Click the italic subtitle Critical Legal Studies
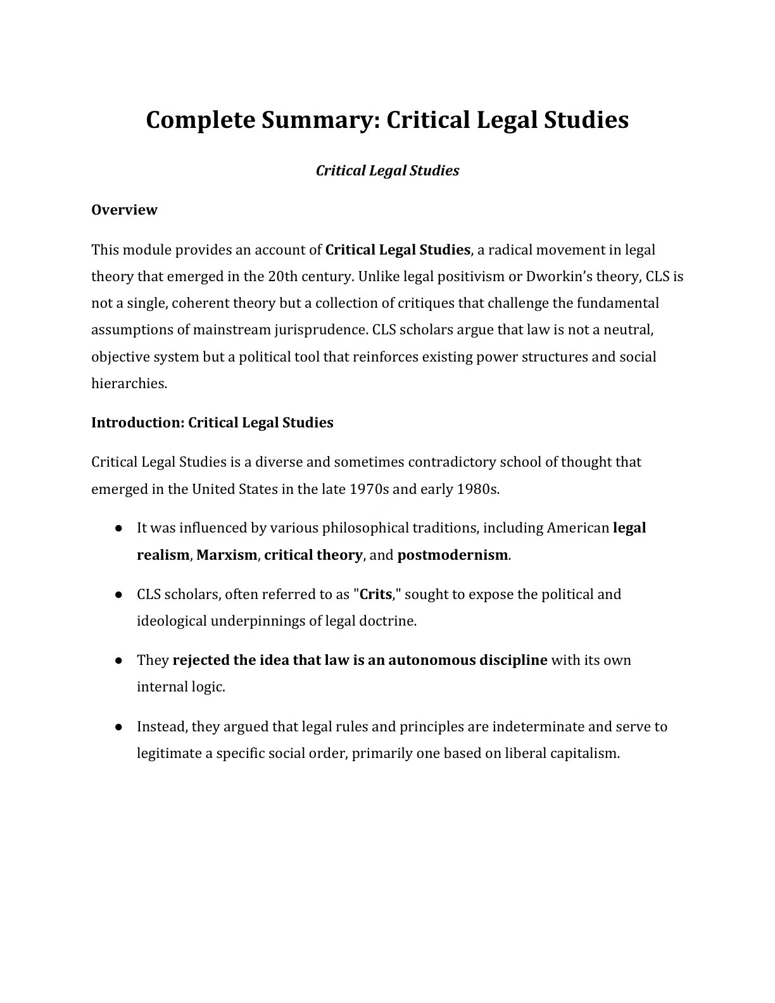pyautogui.click(x=387, y=170)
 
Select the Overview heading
pyautogui.click(x=124, y=210)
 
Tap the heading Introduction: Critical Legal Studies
pyautogui.click(x=212, y=422)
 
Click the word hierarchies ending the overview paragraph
pyautogui.click(x=129, y=383)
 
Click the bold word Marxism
pyautogui.click(x=227, y=555)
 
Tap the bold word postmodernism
pyautogui.click(x=452, y=555)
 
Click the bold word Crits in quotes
pyautogui.click(x=375, y=595)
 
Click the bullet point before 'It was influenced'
pyautogui.click(x=118, y=528)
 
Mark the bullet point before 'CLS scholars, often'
pyautogui.click(x=118, y=595)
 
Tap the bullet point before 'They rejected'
pyautogui.click(x=118, y=660)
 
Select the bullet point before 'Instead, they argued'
pyautogui.click(x=118, y=726)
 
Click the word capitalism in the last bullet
pyautogui.click(x=584, y=754)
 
